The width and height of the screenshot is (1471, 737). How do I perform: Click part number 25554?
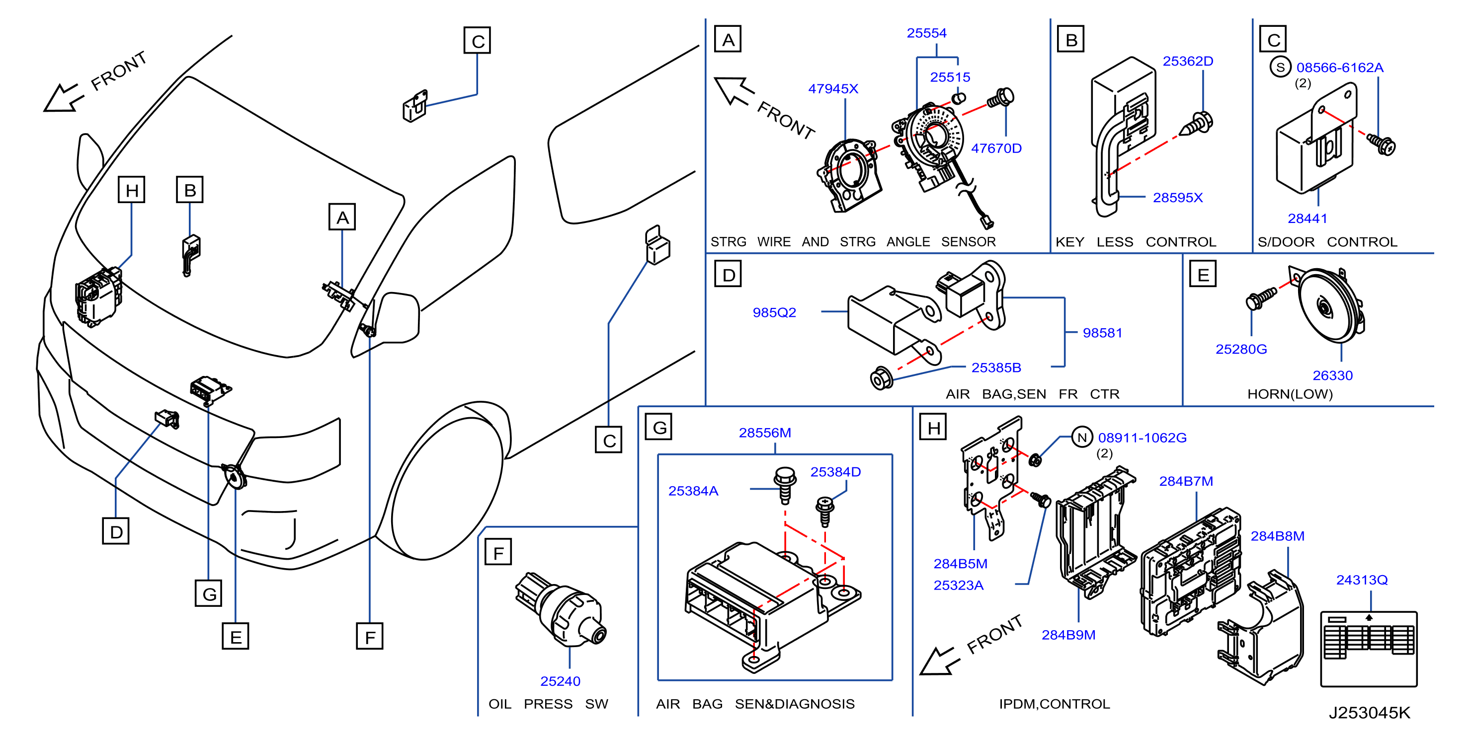point(926,33)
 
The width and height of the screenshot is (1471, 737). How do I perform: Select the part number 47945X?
point(832,88)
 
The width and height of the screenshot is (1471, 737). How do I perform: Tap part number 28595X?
point(1177,198)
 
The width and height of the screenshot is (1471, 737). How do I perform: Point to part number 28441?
point(1307,218)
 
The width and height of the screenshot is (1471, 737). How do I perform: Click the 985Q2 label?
point(774,312)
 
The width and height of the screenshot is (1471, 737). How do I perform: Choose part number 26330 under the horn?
point(1332,375)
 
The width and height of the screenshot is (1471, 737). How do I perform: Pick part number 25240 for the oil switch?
point(560,681)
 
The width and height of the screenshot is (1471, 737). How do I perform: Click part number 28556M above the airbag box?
point(765,433)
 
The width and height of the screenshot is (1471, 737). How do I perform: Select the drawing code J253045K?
point(1369,713)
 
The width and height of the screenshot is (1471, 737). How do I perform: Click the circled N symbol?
point(1081,438)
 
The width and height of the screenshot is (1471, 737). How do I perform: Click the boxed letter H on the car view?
point(131,190)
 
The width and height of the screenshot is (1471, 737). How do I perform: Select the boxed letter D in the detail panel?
point(728,274)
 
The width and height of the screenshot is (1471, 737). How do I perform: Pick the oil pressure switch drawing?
point(560,610)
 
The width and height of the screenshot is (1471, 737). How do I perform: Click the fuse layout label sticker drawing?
point(1368,649)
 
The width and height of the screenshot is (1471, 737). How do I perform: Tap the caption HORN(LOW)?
point(1290,394)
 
